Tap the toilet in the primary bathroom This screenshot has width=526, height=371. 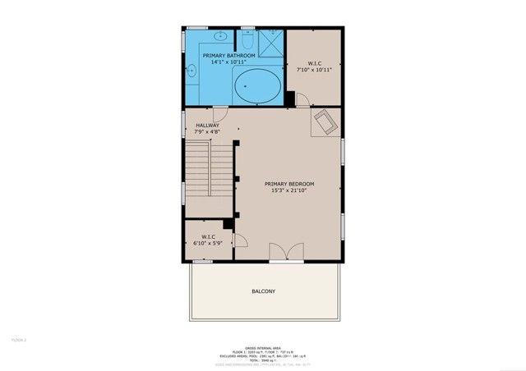(248, 41)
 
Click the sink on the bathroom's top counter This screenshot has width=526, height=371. (222, 37)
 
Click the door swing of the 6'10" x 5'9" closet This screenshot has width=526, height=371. (240, 240)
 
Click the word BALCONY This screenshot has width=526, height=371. (263, 291)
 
